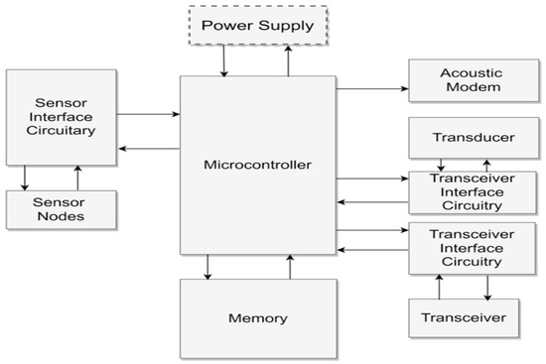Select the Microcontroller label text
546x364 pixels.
[x=257, y=165]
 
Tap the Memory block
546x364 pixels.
[x=257, y=317]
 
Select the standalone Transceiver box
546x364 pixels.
[x=465, y=317]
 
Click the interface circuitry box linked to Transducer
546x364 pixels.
[x=465, y=191]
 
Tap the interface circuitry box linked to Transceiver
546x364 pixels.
[x=465, y=247]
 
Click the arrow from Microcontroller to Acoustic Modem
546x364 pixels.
[x=372, y=89]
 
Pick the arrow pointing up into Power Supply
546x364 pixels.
[x=289, y=61]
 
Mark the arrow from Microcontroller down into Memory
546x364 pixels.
[x=207, y=267]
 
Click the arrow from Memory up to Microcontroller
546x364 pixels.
[x=290, y=267]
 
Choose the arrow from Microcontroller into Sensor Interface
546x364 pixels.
[x=148, y=149]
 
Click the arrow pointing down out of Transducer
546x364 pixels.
[x=442, y=164]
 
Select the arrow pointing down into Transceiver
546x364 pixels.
[x=487, y=287]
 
